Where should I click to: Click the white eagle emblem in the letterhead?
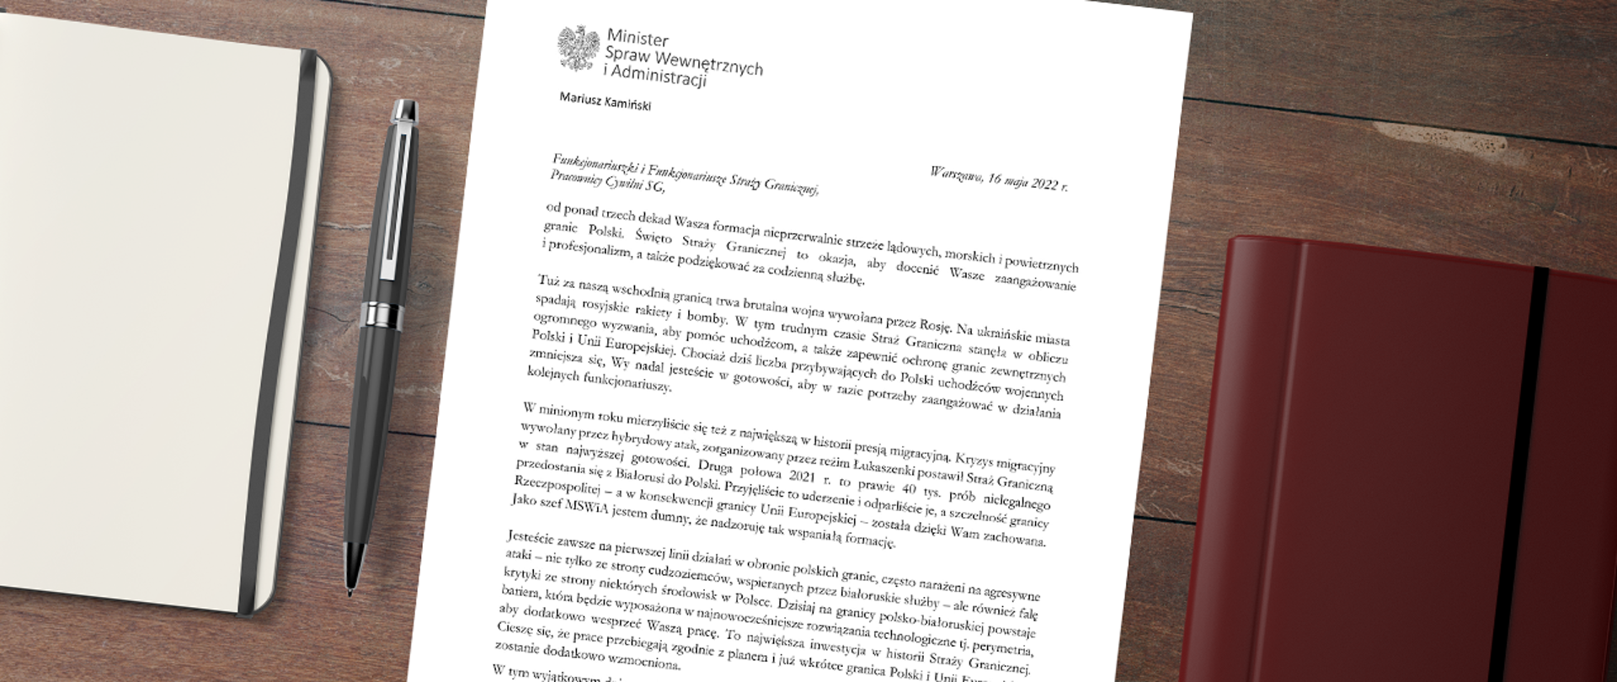[x=579, y=49]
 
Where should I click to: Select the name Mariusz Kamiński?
[x=605, y=102]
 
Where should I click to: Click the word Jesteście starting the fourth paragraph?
[x=534, y=538]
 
